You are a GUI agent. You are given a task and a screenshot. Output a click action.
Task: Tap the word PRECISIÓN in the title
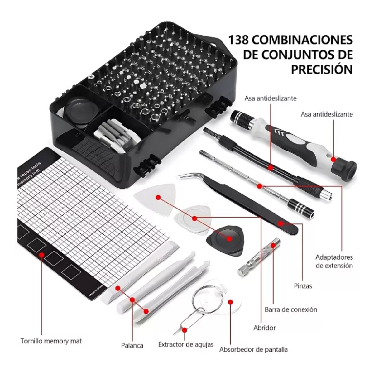(x=322, y=69)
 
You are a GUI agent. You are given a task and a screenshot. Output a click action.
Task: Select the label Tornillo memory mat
(x=51, y=341)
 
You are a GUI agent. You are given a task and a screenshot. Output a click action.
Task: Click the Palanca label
(x=132, y=345)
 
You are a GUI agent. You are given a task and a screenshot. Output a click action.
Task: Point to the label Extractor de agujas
(x=186, y=344)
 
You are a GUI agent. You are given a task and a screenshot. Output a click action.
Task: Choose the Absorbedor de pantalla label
(x=253, y=349)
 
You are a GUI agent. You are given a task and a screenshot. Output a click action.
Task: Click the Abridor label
(x=264, y=328)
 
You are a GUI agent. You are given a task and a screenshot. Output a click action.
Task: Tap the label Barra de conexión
(x=291, y=309)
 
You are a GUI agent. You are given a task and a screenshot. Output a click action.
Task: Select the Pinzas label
(x=303, y=285)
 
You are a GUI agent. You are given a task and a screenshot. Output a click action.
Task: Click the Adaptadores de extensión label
(x=334, y=261)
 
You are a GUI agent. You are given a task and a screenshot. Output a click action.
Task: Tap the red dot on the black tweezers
(x=280, y=223)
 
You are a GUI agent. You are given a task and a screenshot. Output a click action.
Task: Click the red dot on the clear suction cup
(x=231, y=302)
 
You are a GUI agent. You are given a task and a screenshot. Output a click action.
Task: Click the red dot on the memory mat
(x=41, y=255)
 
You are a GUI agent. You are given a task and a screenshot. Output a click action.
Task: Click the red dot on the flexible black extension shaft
(x=270, y=167)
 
